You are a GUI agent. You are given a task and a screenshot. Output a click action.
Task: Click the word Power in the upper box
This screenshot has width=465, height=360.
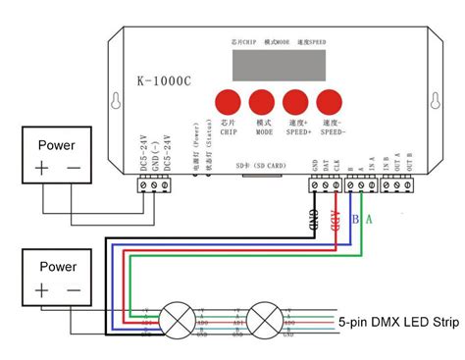click(x=56, y=144)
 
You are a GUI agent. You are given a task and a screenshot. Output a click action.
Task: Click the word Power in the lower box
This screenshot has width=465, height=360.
click(x=56, y=266)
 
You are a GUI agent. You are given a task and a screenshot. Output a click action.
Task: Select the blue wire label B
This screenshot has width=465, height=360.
click(x=355, y=218)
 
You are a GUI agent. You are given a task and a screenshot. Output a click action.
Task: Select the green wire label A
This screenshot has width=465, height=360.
click(x=369, y=218)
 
